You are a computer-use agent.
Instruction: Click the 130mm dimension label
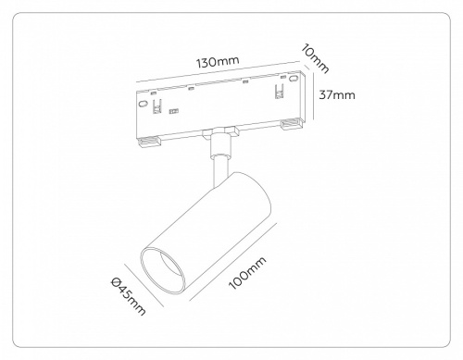point(218,61)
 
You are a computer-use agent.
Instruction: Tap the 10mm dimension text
point(315,58)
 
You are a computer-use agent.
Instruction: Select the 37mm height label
point(337,94)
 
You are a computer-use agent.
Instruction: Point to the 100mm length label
point(247,273)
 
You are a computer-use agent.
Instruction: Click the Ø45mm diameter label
point(128,296)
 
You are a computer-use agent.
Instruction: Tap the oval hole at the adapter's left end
point(143,104)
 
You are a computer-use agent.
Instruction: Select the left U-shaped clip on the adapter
point(157,107)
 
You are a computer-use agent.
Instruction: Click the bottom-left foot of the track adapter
point(149,143)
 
